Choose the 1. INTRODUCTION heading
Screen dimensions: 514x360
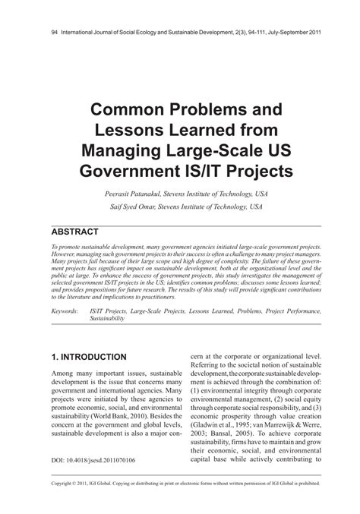pyautogui.click(x=88, y=357)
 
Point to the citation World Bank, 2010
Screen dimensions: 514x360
pyautogui.click(x=132, y=417)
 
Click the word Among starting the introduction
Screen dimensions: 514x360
pyautogui.click(x=63, y=374)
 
